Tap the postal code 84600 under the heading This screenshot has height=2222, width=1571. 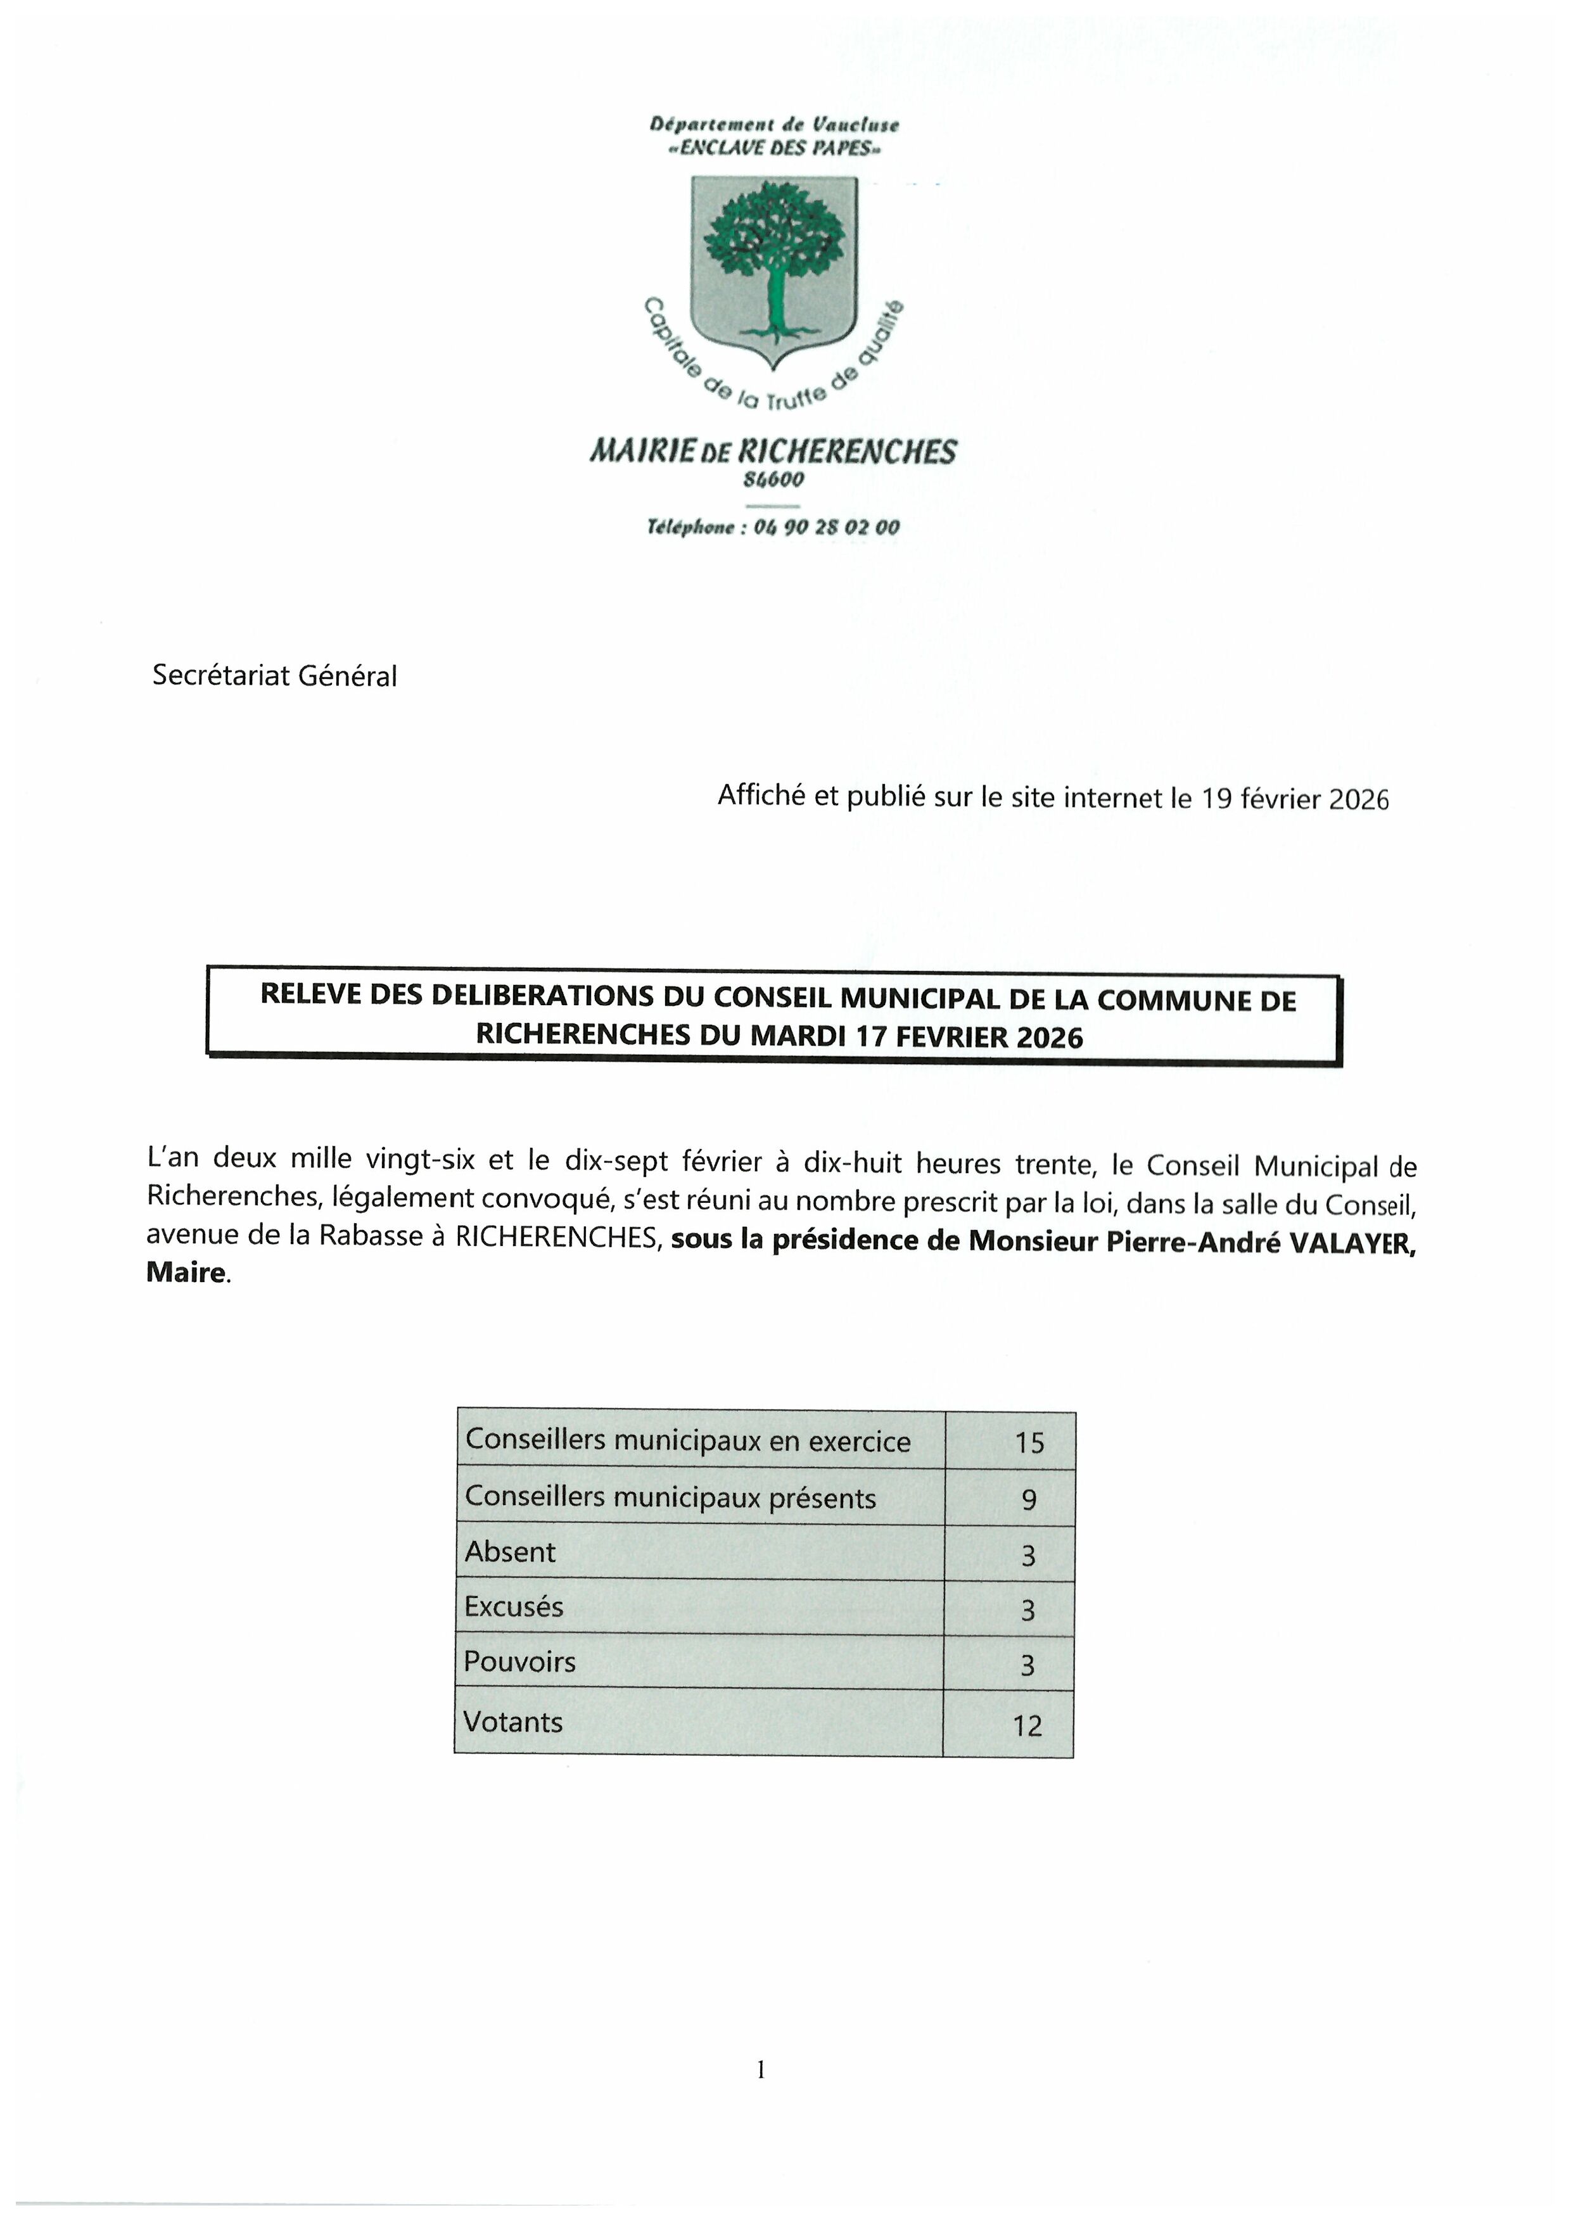click(x=773, y=479)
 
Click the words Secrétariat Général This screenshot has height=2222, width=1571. click(x=274, y=675)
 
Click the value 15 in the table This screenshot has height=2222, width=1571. click(x=1029, y=1443)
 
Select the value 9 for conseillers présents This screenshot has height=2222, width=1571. click(x=1028, y=1499)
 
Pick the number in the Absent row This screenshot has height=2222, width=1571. click(x=1028, y=1555)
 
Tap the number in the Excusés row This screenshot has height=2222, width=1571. click(x=1028, y=1610)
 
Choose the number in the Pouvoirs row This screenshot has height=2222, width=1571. click(x=1028, y=1665)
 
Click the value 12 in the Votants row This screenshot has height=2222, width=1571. click(x=1027, y=1725)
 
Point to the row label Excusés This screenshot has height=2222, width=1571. click(x=513, y=1606)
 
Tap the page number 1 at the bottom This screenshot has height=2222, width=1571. click(x=761, y=2069)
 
